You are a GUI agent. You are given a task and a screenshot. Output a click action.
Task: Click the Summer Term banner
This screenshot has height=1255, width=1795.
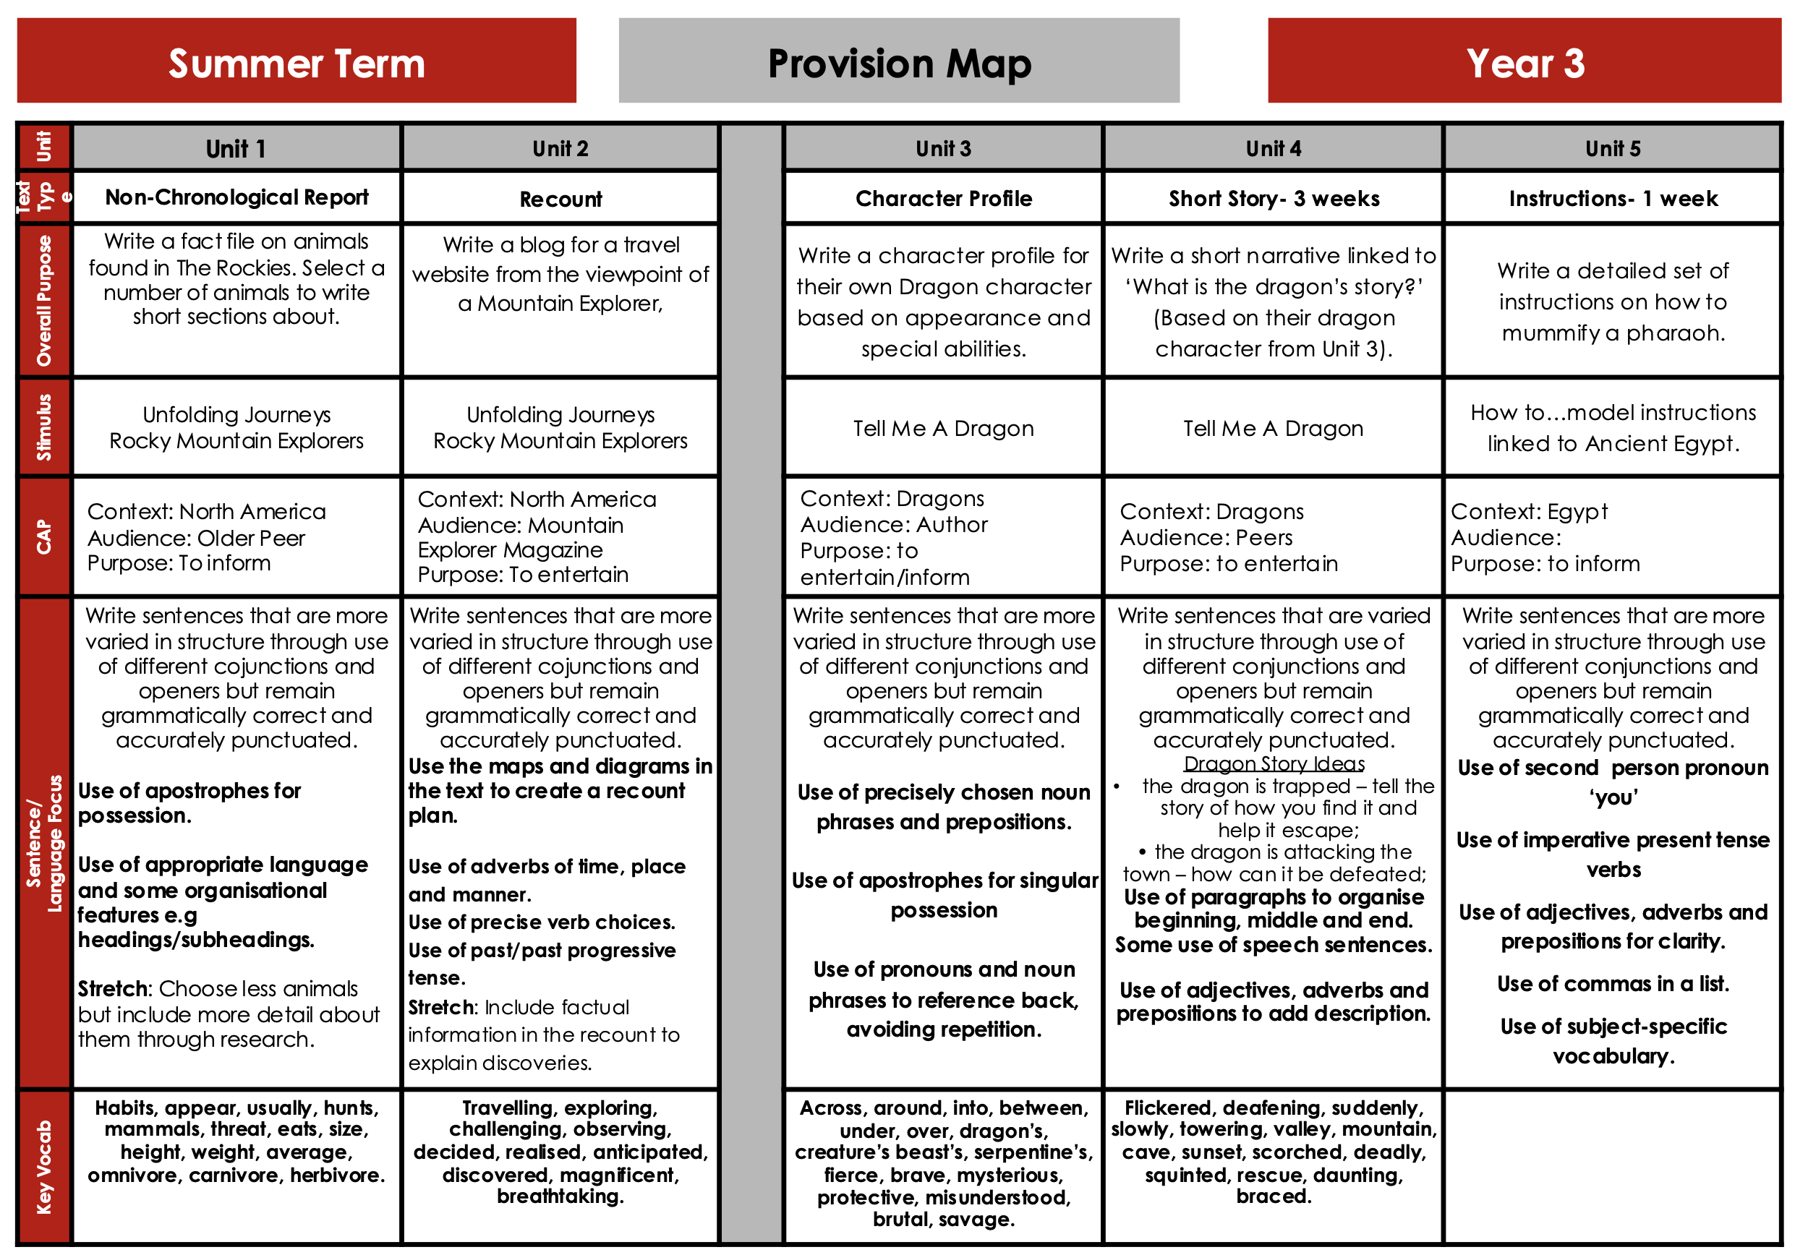[297, 61]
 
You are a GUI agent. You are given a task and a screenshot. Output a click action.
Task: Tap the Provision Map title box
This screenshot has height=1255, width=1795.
[898, 61]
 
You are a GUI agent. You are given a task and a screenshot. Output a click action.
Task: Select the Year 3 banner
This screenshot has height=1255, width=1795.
[1524, 61]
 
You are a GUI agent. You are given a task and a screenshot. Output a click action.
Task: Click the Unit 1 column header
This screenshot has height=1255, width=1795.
[236, 148]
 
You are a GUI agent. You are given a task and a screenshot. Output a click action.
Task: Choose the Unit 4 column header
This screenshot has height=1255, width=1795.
[1273, 148]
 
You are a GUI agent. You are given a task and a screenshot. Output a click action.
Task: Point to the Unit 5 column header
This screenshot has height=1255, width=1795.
[1612, 148]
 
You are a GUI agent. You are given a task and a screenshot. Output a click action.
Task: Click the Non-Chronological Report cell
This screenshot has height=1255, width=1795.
[236, 197]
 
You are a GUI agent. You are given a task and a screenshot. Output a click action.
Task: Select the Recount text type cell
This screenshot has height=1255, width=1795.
[560, 200]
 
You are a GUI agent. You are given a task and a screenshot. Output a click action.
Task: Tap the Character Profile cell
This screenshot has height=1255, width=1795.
[943, 199]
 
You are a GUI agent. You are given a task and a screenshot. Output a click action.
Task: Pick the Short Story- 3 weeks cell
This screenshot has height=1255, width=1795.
[1273, 199]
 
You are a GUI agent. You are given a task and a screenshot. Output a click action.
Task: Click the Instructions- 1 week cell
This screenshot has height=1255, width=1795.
[1612, 199]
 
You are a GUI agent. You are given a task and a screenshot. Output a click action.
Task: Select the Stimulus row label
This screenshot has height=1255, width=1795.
[44, 427]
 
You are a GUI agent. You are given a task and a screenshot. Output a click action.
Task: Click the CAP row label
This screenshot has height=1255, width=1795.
[44, 537]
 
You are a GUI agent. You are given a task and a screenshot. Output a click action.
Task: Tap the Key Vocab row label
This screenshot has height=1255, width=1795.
[44, 1167]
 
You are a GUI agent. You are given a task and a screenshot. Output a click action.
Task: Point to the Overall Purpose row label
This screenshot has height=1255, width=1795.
[44, 301]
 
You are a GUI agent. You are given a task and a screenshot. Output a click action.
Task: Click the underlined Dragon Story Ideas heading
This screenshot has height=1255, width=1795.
[1274, 763]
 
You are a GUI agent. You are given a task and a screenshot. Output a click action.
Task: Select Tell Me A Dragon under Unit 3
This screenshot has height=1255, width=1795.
[943, 428]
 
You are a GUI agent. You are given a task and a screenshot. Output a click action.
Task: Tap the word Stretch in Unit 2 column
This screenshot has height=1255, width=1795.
[441, 1007]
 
